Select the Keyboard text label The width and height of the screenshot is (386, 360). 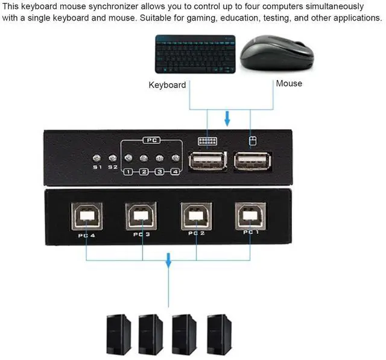[x=167, y=85]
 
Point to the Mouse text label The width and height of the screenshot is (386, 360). [x=289, y=83]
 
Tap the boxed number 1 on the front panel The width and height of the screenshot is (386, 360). [x=128, y=172]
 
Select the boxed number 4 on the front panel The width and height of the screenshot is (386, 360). [x=175, y=172]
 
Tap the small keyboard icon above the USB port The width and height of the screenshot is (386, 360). [x=207, y=141]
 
